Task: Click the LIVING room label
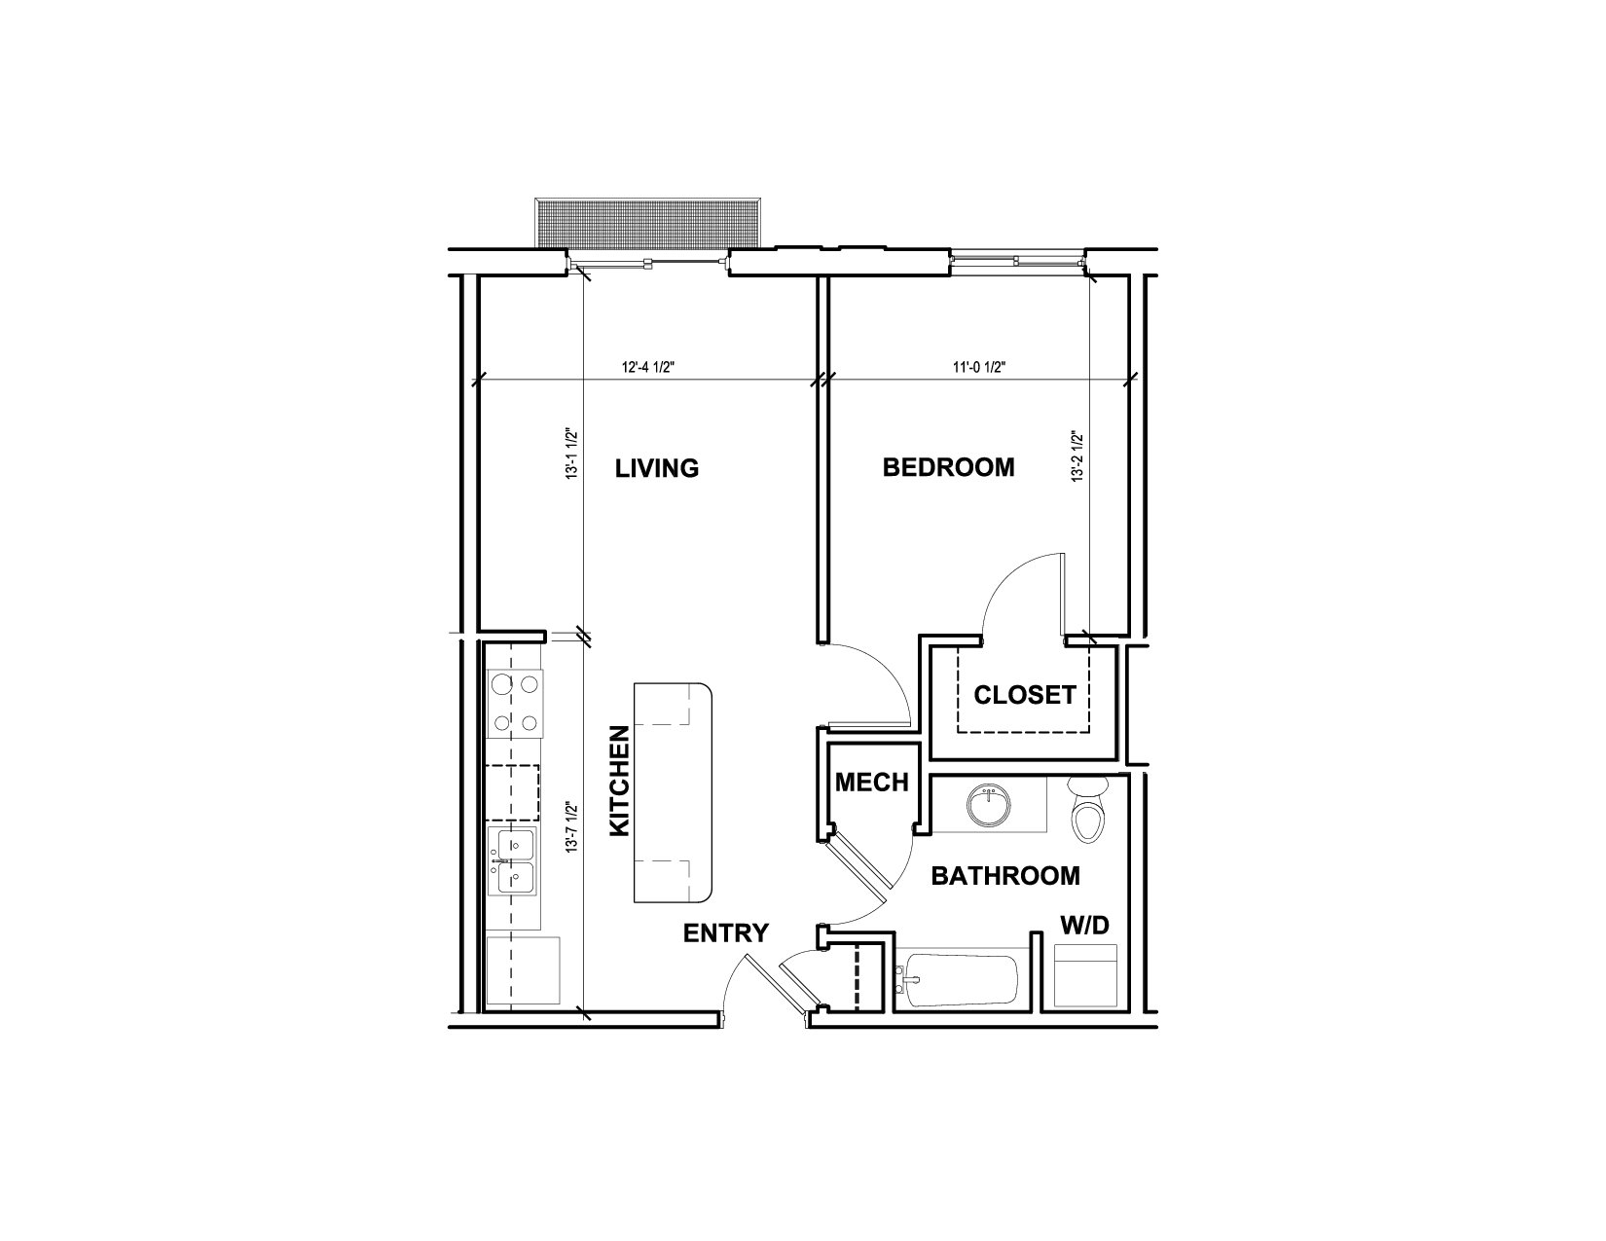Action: pos(656,468)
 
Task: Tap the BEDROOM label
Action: pos(948,467)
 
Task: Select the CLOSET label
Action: pos(1024,695)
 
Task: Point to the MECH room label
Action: pos(871,782)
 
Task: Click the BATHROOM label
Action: pos(1005,876)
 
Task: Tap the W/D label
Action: pos(1085,925)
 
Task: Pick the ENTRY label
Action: pos(726,933)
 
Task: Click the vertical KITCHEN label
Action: pos(619,781)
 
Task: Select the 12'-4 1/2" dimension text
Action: pos(648,367)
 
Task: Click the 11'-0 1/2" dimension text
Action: pos(979,367)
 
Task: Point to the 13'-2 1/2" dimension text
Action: pos(1077,456)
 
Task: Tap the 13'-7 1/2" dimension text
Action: pos(571,828)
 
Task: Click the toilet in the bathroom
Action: pos(1088,810)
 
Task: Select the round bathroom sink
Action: pos(988,806)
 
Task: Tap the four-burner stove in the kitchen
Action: pos(515,703)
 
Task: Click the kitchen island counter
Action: pos(673,792)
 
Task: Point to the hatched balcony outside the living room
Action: pos(648,223)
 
